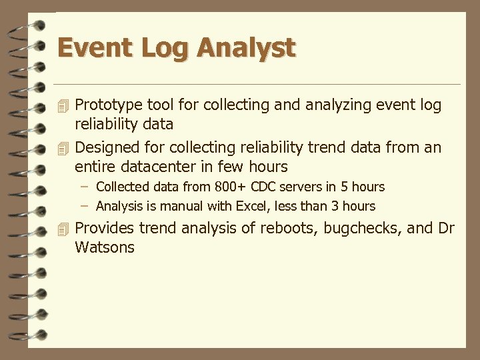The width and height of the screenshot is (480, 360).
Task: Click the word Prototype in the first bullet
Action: [107, 105]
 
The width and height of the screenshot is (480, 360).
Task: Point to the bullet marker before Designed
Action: [63, 147]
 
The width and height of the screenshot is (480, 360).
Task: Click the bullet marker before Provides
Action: [63, 229]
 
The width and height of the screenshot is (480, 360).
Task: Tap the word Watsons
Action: [105, 248]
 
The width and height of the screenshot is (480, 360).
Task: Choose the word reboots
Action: [288, 229]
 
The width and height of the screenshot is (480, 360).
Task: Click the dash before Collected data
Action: [85, 187]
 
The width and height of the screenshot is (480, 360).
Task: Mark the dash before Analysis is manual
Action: [85, 207]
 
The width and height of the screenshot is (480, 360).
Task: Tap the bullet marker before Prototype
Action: [63, 105]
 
